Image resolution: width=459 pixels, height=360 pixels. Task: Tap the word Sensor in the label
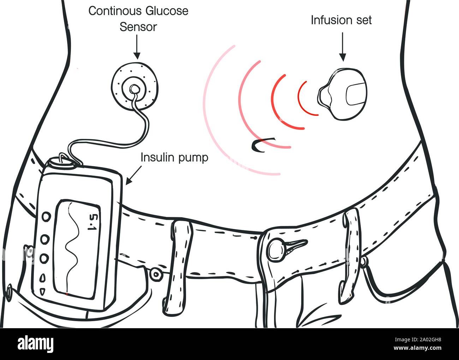pos(138,27)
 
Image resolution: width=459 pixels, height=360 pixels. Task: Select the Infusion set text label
pos(341,20)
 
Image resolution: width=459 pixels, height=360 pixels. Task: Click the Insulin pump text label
pos(174,158)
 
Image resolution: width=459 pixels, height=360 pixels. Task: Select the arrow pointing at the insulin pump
pos(134,176)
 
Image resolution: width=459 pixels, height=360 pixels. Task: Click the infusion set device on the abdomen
pos(342,94)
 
